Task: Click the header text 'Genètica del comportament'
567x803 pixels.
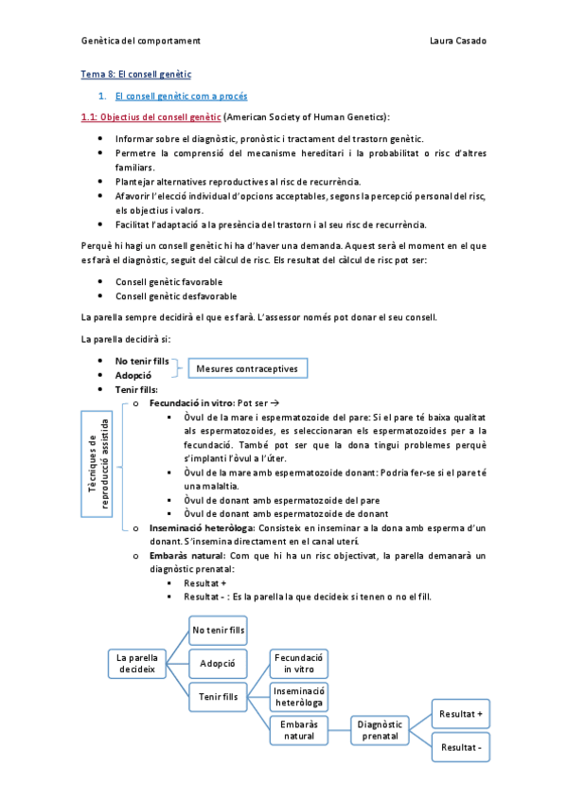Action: (139, 41)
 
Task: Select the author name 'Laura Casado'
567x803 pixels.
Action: (457, 41)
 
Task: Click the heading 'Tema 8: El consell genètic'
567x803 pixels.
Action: (135, 74)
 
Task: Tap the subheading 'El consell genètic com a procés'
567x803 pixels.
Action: (181, 96)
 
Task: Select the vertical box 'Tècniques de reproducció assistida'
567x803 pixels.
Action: (99, 463)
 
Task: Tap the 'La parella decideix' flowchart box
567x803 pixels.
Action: (136, 663)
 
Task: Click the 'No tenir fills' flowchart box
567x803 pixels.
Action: (218, 629)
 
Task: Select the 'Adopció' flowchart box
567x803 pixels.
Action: (218, 663)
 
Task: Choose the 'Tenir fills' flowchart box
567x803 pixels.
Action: (218, 697)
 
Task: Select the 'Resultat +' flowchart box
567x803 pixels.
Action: (461, 713)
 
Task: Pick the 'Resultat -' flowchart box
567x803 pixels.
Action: (461, 747)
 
